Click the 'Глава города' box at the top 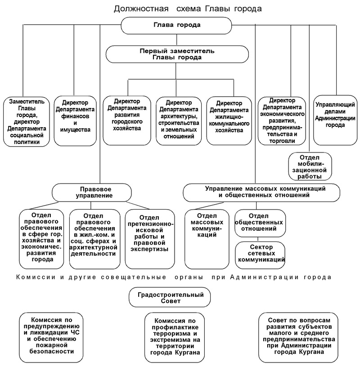[x=176, y=25]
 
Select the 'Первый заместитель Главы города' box [x=177, y=54]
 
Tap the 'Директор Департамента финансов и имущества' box [x=75, y=121]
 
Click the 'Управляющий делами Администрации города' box [x=335, y=120]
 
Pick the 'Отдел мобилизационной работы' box [x=310, y=166]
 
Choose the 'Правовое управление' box [x=92, y=192]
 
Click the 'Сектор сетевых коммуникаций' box [x=260, y=255]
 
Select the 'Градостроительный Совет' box [x=170, y=297]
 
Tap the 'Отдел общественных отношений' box [x=260, y=223]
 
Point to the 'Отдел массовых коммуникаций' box [x=207, y=239]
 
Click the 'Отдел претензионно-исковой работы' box [x=150, y=239]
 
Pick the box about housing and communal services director [x=229, y=121]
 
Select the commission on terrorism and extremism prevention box [x=175, y=337]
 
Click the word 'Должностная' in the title [x=141, y=9]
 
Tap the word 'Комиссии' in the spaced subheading [x=36, y=277]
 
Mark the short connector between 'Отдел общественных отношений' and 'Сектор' [x=258, y=239]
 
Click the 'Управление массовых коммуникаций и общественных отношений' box [x=261, y=192]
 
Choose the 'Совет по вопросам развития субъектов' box [x=298, y=337]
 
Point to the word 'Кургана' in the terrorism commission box [x=187, y=353]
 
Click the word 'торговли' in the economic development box [x=282, y=141]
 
